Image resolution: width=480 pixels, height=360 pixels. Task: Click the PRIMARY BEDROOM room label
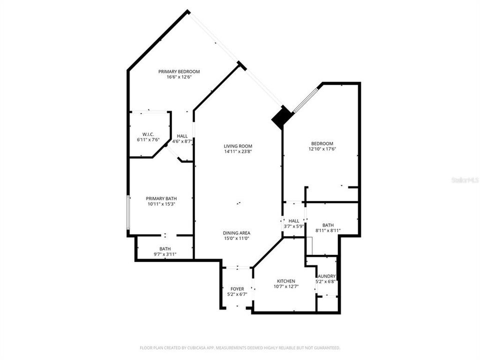point(179,71)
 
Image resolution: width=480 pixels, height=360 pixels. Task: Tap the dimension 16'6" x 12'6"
point(179,77)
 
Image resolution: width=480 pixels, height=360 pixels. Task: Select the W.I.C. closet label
point(147,134)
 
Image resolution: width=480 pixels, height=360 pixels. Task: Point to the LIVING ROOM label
point(237,146)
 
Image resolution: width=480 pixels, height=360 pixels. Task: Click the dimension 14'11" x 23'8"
point(237,151)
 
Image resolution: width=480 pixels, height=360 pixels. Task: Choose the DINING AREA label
point(236,233)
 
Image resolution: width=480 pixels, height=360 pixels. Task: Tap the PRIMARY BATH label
point(161,198)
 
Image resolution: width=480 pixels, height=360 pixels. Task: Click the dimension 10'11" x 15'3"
point(161,204)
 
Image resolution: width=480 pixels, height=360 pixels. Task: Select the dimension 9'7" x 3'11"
point(165,254)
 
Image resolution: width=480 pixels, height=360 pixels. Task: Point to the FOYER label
point(237,289)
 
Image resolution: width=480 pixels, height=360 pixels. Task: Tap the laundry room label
point(326,276)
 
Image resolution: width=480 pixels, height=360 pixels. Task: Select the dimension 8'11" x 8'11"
point(328,230)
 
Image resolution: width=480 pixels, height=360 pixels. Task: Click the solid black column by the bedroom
point(281,117)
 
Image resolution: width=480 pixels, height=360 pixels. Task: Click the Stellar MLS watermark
point(464,179)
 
